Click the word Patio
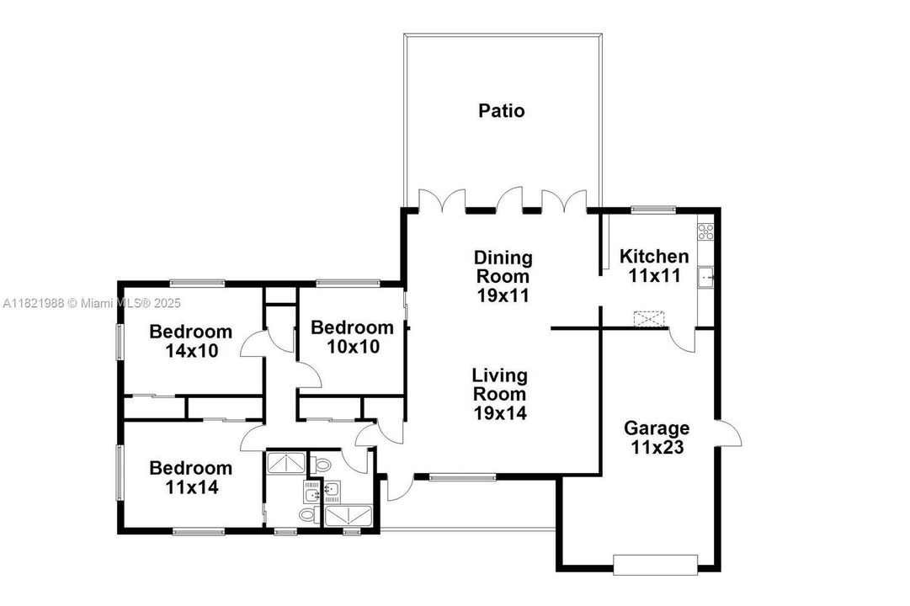pos(502,110)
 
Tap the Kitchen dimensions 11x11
pos(654,275)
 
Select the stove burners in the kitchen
pos(705,231)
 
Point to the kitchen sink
pos(705,277)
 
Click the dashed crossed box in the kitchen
pos(649,319)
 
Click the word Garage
pos(657,428)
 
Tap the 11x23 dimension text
pos(657,448)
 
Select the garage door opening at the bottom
pos(655,565)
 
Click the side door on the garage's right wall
pos(728,433)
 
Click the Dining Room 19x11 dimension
pos(503,295)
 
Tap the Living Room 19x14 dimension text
pos(500,412)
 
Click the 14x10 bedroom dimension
pos(192,351)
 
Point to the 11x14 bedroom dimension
pos(192,487)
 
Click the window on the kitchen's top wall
pos(653,210)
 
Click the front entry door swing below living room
pos(399,487)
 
